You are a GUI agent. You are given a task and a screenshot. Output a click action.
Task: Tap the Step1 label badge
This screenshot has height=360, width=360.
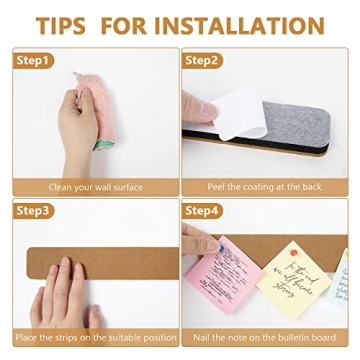[33, 61]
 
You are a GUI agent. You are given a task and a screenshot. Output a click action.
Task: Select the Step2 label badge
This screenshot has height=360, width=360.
[202, 61]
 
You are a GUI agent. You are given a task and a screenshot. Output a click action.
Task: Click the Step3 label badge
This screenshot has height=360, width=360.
[33, 211]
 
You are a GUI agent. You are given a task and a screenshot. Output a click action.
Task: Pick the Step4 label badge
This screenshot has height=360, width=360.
[202, 211]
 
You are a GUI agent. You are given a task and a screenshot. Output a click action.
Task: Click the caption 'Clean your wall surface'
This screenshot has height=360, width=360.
[96, 187]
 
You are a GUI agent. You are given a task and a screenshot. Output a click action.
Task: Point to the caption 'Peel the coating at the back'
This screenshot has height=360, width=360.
[264, 187]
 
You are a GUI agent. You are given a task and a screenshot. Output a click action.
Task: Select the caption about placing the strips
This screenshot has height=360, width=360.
[96, 337]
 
